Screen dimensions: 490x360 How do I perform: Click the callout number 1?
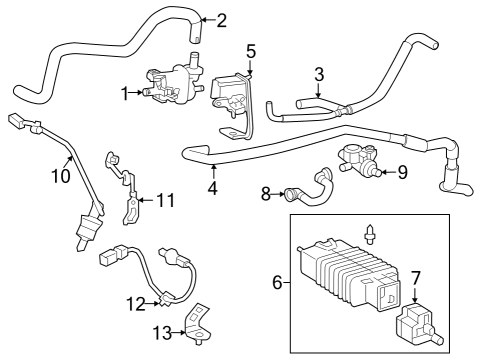pyautogui.click(x=125, y=93)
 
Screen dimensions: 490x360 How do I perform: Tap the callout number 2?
pyautogui.click(x=221, y=20)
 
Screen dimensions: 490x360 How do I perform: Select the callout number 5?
pyautogui.click(x=251, y=52)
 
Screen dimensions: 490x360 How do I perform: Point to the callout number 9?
pyautogui.click(x=403, y=172)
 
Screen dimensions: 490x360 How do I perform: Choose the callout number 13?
pyautogui.click(x=162, y=333)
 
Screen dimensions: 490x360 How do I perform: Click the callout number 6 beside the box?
pyautogui.click(x=277, y=283)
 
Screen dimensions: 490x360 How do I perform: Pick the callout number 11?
pyautogui.click(x=166, y=200)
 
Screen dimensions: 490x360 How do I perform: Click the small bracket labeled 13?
pyautogui.click(x=197, y=323)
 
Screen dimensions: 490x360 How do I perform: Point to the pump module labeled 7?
pyautogui.click(x=417, y=325)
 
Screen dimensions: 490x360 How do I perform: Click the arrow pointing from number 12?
pyautogui.click(x=153, y=303)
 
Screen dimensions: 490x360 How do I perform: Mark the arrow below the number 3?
pyautogui.click(x=319, y=90)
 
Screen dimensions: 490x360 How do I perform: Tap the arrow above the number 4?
pyautogui.click(x=213, y=172)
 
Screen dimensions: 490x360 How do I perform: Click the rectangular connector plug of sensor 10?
pyautogui.click(x=15, y=120)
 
